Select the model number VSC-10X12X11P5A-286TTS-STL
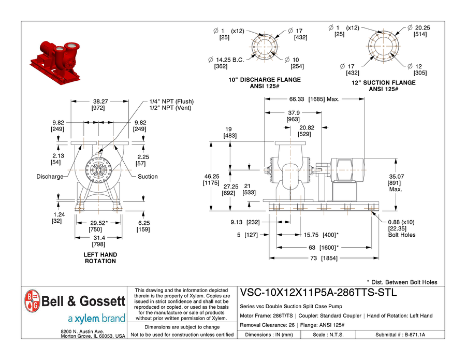tap(318, 292)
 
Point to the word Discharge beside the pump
tap(50, 177)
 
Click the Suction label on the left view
tap(148, 177)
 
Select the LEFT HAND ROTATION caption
tap(100, 258)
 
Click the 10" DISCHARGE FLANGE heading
tap(265, 80)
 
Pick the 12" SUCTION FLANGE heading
tap(384, 83)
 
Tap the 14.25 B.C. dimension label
tap(230, 60)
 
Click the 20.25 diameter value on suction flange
tap(423, 27)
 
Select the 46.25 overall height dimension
tap(211, 176)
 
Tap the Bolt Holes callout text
tap(401, 235)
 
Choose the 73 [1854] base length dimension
tap(324, 258)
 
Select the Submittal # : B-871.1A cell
tap(400, 335)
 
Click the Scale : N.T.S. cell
tap(327, 335)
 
